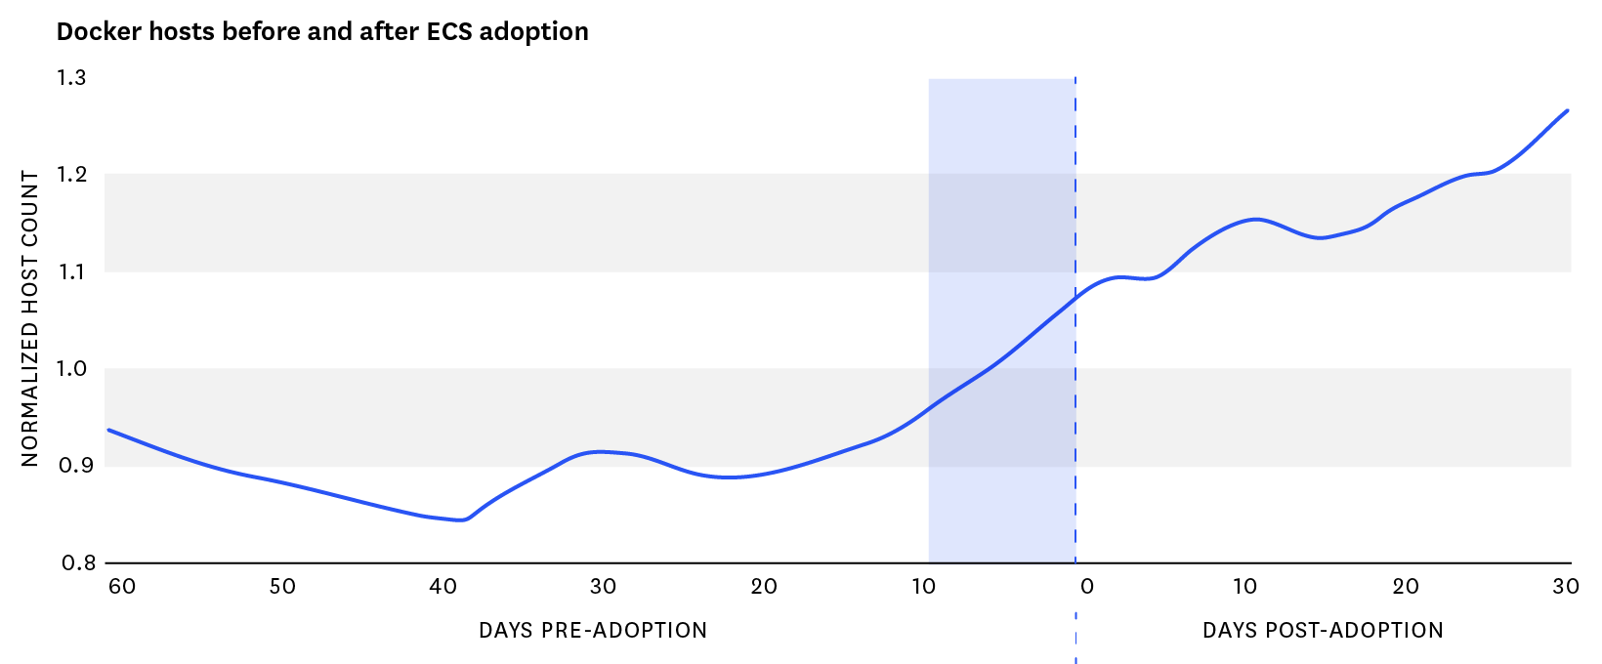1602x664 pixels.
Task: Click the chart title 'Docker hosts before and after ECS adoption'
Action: tap(322, 31)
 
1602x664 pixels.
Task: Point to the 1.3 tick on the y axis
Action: tap(72, 78)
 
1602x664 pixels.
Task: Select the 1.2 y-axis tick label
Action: tap(72, 175)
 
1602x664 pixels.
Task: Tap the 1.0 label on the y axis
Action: tap(72, 369)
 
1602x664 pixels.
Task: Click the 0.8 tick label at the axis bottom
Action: tap(78, 562)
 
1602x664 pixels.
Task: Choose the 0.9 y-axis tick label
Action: tap(75, 466)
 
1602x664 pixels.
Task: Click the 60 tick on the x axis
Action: tap(121, 586)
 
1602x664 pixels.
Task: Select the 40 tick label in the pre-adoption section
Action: tap(443, 586)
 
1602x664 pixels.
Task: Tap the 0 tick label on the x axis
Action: tap(1086, 586)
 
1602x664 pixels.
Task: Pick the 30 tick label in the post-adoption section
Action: tap(1566, 586)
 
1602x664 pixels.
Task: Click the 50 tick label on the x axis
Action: tap(282, 586)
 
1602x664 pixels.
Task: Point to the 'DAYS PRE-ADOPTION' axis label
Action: tap(593, 630)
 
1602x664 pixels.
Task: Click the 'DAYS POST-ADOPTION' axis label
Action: tap(1323, 630)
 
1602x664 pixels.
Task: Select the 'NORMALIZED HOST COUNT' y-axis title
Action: tap(30, 318)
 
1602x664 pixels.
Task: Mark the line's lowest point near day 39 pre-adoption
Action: tap(461, 520)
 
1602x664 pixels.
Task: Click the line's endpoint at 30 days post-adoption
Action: tap(1568, 110)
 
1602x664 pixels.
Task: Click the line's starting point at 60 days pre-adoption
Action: tap(107, 430)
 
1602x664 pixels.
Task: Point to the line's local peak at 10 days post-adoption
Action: tap(1255, 219)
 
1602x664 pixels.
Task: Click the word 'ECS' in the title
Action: tap(449, 31)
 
